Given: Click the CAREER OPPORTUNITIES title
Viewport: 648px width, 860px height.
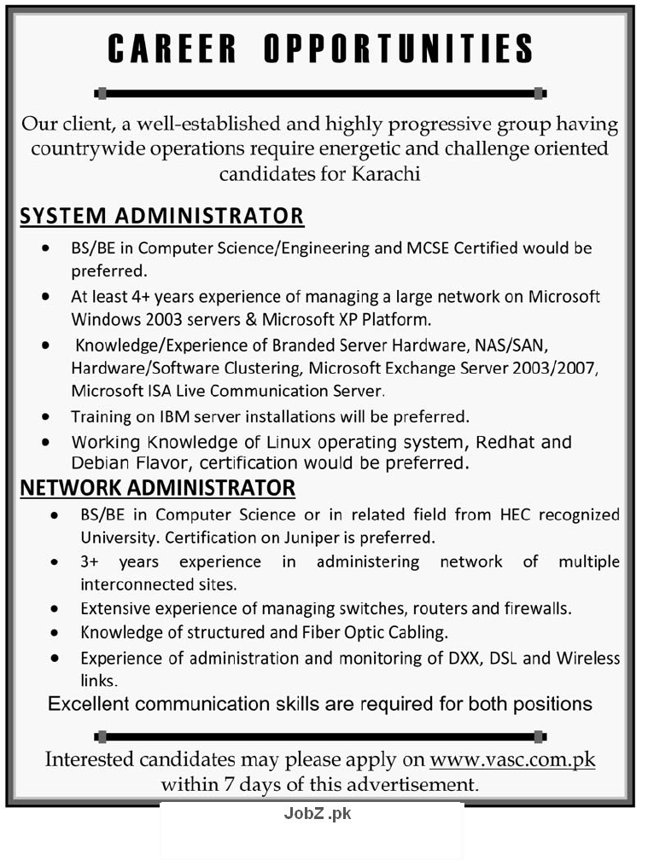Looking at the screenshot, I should (x=320, y=49).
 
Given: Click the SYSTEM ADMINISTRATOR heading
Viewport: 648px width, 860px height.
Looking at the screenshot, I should (x=161, y=216).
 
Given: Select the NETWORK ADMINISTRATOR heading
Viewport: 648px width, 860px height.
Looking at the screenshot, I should (x=158, y=488).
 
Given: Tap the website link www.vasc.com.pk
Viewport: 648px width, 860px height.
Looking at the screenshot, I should (x=512, y=759).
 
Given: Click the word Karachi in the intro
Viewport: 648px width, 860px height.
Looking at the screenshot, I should (x=384, y=174).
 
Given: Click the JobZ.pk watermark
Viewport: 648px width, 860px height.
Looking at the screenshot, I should (x=317, y=813).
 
